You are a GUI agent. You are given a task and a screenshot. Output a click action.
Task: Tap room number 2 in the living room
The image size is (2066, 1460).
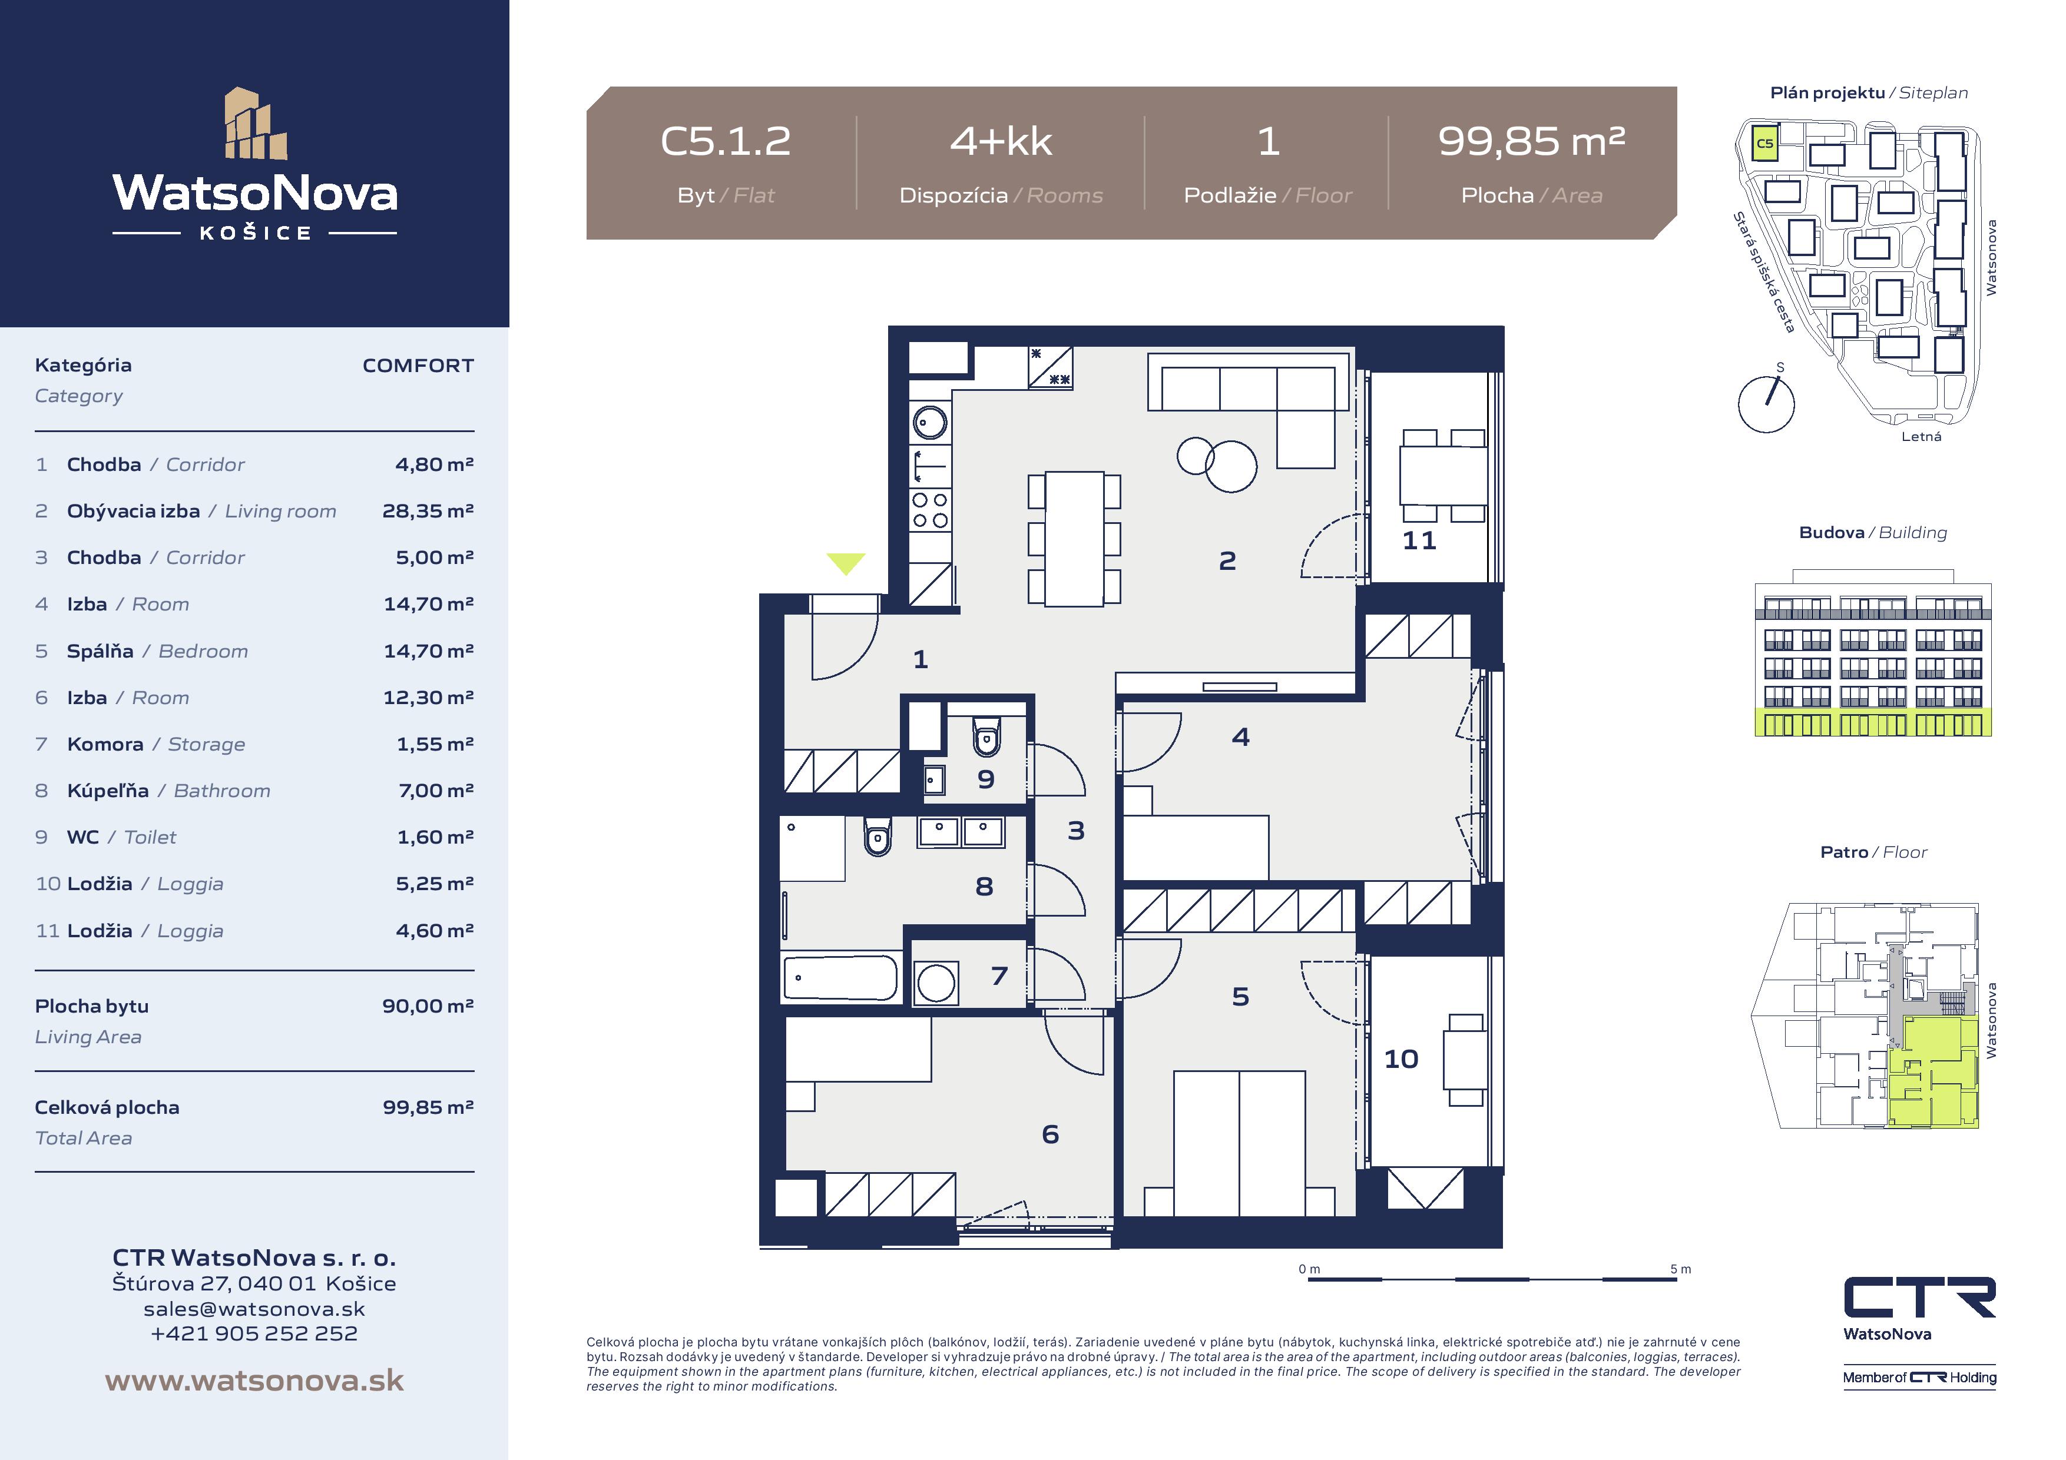click(1227, 561)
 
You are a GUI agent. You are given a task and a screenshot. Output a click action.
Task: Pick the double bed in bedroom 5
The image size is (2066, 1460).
click(1239, 1143)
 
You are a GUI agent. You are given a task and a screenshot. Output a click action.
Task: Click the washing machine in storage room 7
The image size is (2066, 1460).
click(936, 983)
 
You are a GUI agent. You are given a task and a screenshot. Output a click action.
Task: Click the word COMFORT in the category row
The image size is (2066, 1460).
click(418, 365)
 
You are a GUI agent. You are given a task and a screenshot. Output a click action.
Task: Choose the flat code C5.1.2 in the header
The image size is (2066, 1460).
click(725, 141)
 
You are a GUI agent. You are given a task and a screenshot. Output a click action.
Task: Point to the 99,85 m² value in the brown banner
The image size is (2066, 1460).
click(1531, 141)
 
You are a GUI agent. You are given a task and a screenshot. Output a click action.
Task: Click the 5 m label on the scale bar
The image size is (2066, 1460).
click(1680, 1269)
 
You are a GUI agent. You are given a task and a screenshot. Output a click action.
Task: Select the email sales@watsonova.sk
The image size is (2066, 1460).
click(254, 1309)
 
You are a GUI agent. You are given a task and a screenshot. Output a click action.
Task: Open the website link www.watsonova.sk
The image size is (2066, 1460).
click(254, 1380)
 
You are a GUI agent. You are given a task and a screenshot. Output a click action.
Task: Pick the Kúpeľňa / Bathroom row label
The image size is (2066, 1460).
click(168, 791)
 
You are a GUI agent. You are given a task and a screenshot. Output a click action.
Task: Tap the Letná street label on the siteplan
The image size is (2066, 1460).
click(1921, 436)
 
